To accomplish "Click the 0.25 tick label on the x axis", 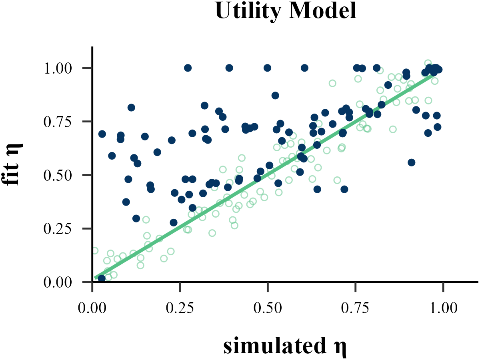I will click(x=180, y=308).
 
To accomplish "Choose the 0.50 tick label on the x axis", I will click(x=268, y=308).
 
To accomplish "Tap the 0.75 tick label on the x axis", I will click(x=355, y=308).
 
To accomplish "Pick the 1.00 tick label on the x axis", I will click(x=443, y=308).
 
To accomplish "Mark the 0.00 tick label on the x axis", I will click(x=92, y=308).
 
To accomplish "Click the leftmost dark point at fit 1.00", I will click(x=188, y=68).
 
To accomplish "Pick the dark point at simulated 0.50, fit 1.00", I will click(x=268, y=68).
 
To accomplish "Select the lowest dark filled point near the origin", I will click(x=102, y=278).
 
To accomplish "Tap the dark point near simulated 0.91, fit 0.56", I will click(x=411, y=162).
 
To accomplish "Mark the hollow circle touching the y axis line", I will click(x=95, y=251).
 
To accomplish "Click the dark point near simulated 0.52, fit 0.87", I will click(x=275, y=96).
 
